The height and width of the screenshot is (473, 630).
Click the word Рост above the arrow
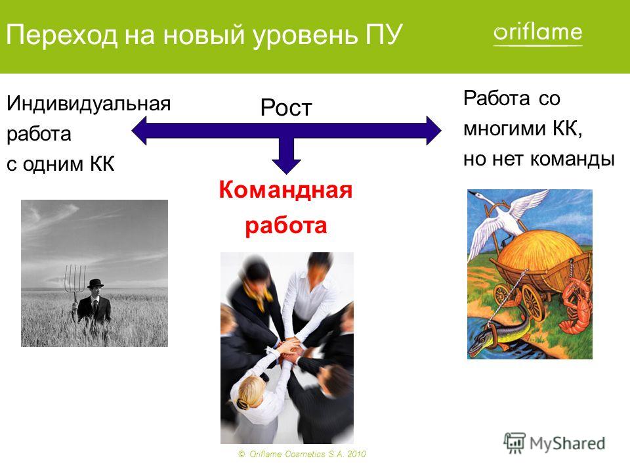click(x=286, y=107)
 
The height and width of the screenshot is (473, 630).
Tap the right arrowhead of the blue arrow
click(x=434, y=130)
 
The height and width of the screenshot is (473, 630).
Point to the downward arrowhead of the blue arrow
click(x=286, y=166)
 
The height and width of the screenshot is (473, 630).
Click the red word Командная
click(x=285, y=190)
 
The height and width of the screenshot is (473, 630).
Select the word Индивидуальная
click(x=89, y=104)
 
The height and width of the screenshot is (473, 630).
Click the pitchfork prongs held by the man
click(x=75, y=277)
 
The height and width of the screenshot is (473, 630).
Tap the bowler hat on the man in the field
click(x=95, y=284)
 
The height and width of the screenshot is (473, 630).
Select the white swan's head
click(x=479, y=196)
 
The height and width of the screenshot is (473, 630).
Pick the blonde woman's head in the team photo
click(x=248, y=393)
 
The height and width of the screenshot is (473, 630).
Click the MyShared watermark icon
click(x=514, y=443)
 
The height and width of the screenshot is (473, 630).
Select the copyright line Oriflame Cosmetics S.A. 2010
click(x=302, y=454)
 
